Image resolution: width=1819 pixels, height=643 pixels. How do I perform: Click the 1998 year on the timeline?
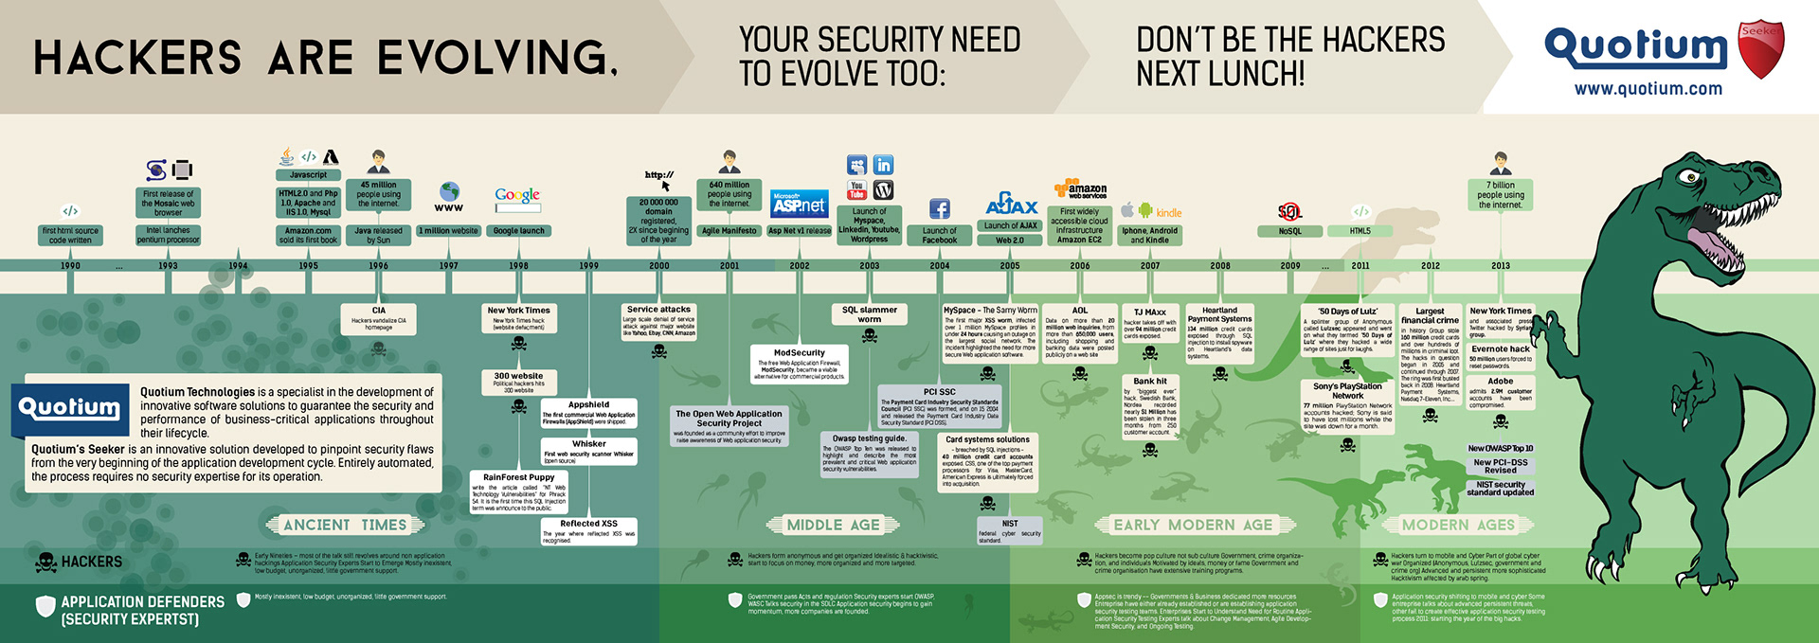pyautogui.click(x=518, y=266)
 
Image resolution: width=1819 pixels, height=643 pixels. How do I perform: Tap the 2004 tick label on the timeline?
pyautogui.click(x=939, y=266)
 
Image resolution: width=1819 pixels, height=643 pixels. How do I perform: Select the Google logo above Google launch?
pyautogui.click(x=517, y=196)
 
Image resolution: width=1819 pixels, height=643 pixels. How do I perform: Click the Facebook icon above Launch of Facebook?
pyautogui.click(x=940, y=209)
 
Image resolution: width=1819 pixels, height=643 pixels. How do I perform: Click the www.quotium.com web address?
pyautogui.click(x=1648, y=89)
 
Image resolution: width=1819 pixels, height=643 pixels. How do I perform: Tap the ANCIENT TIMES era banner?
pyautogui.click(x=345, y=525)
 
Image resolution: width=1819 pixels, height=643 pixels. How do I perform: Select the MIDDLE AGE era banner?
pyautogui.click(x=833, y=525)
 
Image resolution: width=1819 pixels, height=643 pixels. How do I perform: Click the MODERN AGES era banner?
pyautogui.click(x=1458, y=525)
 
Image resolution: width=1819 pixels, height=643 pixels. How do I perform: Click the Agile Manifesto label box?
pyautogui.click(x=729, y=231)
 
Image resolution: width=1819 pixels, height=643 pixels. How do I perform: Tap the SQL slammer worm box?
pyautogui.click(x=869, y=314)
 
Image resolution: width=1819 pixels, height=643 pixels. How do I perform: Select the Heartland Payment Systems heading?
pyautogui.click(x=1220, y=314)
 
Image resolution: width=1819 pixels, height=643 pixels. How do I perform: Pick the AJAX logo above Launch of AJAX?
pyautogui.click(x=1011, y=205)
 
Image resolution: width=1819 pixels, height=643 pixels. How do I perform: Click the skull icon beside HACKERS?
pyautogui.click(x=45, y=563)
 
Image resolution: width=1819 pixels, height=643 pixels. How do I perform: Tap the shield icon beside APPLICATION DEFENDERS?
pyautogui.click(x=45, y=607)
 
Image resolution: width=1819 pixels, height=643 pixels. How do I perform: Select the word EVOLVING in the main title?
pyautogui.click(x=496, y=58)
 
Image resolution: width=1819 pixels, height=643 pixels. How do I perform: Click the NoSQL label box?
pyautogui.click(x=1289, y=231)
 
